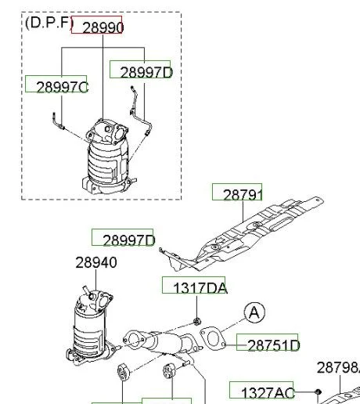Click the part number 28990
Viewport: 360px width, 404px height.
click(103, 27)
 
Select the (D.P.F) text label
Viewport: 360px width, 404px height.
click(49, 23)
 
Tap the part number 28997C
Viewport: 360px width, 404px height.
click(63, 87)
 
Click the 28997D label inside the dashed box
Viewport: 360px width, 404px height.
click(146, 72)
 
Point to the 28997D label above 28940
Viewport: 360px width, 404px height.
click(129, 240)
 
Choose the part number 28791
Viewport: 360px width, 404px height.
click(243, 195)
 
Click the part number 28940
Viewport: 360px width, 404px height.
click(96, 262)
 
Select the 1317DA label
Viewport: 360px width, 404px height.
click(200, 288)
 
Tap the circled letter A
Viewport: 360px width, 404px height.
click(254, 312)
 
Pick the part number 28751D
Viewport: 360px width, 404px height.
click(274, 345)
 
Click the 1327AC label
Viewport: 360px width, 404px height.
click(268, 393)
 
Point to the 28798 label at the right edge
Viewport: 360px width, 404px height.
click(339, 368)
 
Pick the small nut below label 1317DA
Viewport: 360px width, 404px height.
click(197, 321)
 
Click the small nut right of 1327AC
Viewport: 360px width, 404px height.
click(318, 392)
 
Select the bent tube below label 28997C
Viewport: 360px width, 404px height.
click(59, 121)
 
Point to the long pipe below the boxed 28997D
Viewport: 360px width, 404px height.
click(140, 112)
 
